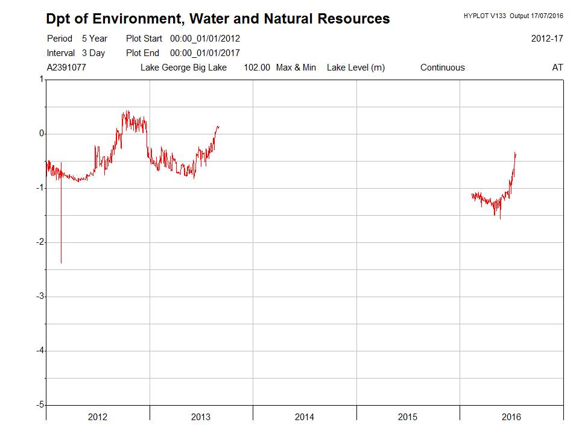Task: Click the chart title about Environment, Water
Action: [x=218, y=19]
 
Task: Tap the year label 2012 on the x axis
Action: [x=98, y=417]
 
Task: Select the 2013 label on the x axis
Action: [x=201, y=417]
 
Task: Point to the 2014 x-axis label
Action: [x=305, y=417]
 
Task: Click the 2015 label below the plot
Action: [x=408, y=417]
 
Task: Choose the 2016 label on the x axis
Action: [x=511, y=417]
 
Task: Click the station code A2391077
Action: [x=66, y=68]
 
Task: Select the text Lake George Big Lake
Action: [x=183, y=68]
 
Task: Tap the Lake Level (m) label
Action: [x=356, y=68]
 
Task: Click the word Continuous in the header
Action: [x=443, y=68]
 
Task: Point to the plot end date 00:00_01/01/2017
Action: [x=205, y=53]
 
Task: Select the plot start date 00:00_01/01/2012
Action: [x=205, y=39]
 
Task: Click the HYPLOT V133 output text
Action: [x=513, y=15]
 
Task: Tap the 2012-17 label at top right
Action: [x=547, y=39]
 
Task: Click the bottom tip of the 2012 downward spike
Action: [x=61, y=263]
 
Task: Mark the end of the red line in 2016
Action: [x=516, y=153]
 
